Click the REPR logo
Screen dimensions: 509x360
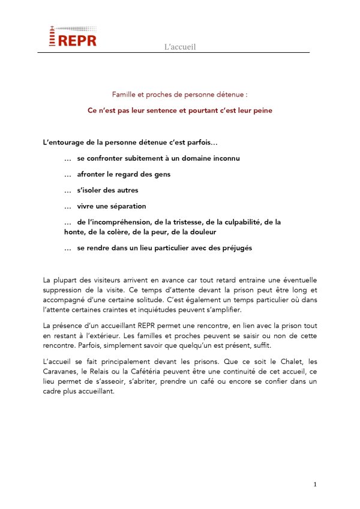[71, 37]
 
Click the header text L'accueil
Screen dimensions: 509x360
[180, 47]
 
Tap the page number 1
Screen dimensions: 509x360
[314, 484]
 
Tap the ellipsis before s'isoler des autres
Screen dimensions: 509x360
[68, 190]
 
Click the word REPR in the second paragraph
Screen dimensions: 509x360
[145, 325]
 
